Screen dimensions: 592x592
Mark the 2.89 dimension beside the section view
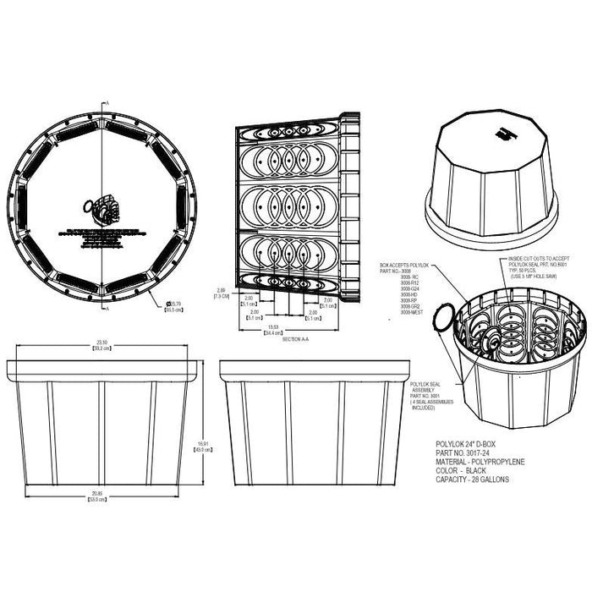tap(220, 293)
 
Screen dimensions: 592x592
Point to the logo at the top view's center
tap(101, 208)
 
